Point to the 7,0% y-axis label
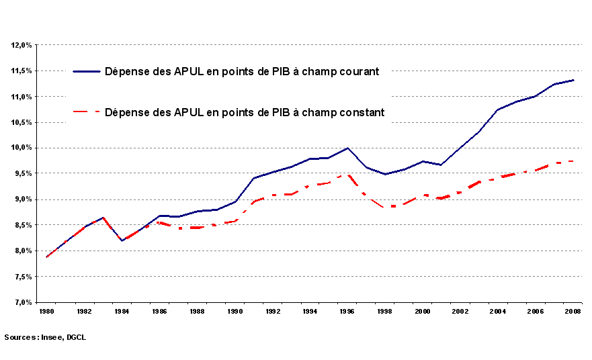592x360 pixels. point(22,302)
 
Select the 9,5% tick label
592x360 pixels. point(22,173)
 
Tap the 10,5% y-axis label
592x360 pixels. point(22,122)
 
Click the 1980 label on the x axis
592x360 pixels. point(46,312)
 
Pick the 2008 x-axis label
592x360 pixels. point(573,312)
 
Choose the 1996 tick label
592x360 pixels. point(347,312)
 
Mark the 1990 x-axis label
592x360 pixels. point(235,312)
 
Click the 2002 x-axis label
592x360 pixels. point(460,312)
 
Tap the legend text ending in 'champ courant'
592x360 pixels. point(242,71)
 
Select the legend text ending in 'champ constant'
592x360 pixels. point(245,112)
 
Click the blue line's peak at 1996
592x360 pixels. point(347,148)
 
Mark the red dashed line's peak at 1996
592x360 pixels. point(347,175)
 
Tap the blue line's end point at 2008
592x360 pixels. point(573,80)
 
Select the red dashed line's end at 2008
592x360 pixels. point(573,161)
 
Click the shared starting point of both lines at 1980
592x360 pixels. point(46,257)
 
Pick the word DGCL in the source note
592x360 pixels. point(77,337)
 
